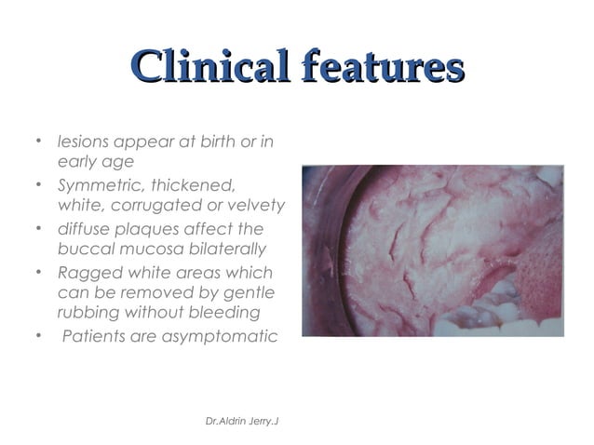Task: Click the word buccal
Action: [83, 249]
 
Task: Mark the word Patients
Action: [92, 335]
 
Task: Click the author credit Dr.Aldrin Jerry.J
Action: [242, 421]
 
